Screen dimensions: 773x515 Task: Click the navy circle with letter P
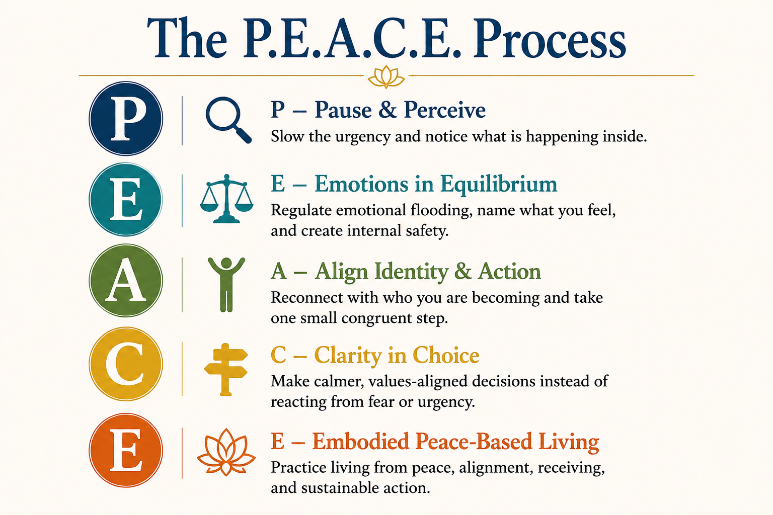[126, 119]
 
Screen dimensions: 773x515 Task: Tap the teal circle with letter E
[126, 199]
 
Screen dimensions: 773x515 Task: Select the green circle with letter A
[126, 280]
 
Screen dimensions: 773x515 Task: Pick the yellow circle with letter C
[126, 364]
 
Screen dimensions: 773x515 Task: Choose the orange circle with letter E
[126, 450]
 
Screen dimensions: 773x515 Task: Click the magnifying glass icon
[228, 120]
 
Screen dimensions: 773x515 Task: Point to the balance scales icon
[227, 198]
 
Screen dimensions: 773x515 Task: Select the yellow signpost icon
[226, 369]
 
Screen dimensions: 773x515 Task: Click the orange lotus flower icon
[226, 452]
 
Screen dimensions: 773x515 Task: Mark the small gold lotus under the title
[386, 76]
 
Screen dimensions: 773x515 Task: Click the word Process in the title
[550, 39]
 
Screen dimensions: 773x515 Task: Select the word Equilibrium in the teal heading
[499, 185]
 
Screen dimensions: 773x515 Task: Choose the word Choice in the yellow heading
[446, 355]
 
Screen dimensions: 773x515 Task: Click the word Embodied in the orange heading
[361, 441]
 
